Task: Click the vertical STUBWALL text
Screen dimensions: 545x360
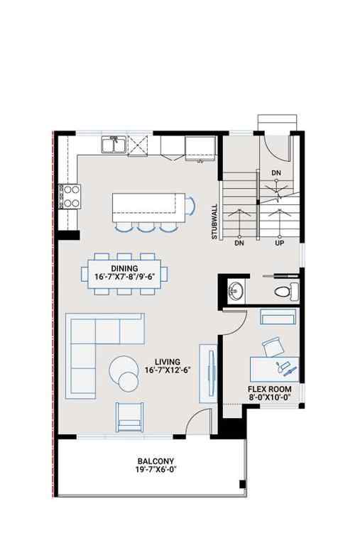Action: point(214,222)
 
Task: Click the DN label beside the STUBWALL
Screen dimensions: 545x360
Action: point(239,243)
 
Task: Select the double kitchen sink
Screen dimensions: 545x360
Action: point(114,145)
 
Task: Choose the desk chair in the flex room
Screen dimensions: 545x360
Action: point(273,347)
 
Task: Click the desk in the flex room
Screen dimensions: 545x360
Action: point(275,369)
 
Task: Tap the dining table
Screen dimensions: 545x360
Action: point(129,272)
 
